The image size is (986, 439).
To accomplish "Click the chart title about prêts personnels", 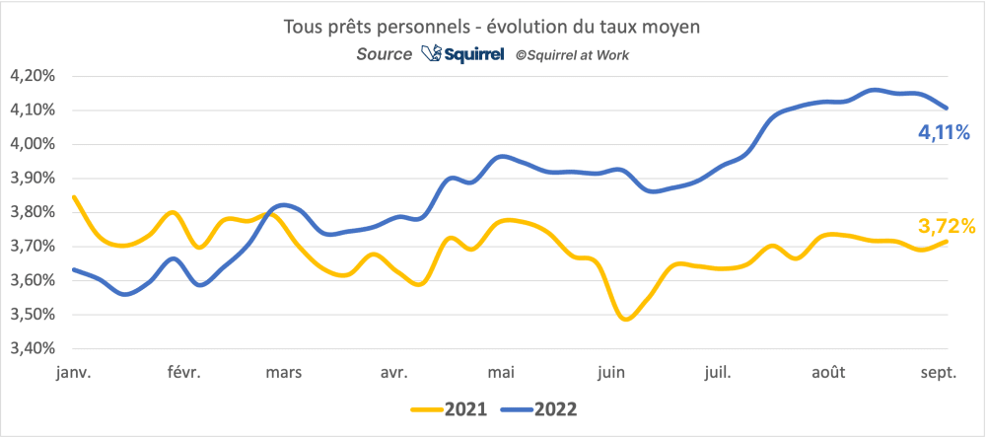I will click(493, 27).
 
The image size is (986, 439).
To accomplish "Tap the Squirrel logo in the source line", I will click(462, 54).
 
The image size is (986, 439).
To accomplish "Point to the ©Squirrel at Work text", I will click(572, 55).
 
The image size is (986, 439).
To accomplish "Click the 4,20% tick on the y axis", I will click(34, 76).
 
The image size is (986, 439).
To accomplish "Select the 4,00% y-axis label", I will click(34, 144).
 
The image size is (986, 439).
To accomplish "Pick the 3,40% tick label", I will click(34, 349).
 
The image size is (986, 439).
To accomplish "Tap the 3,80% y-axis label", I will click(34, 212).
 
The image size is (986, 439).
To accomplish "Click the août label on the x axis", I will click(828, 372).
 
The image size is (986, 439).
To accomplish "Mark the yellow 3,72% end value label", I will click(947, 227).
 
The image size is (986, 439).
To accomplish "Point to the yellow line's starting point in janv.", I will click(74, 196).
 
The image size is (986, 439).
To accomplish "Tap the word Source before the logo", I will click(385, 55).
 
